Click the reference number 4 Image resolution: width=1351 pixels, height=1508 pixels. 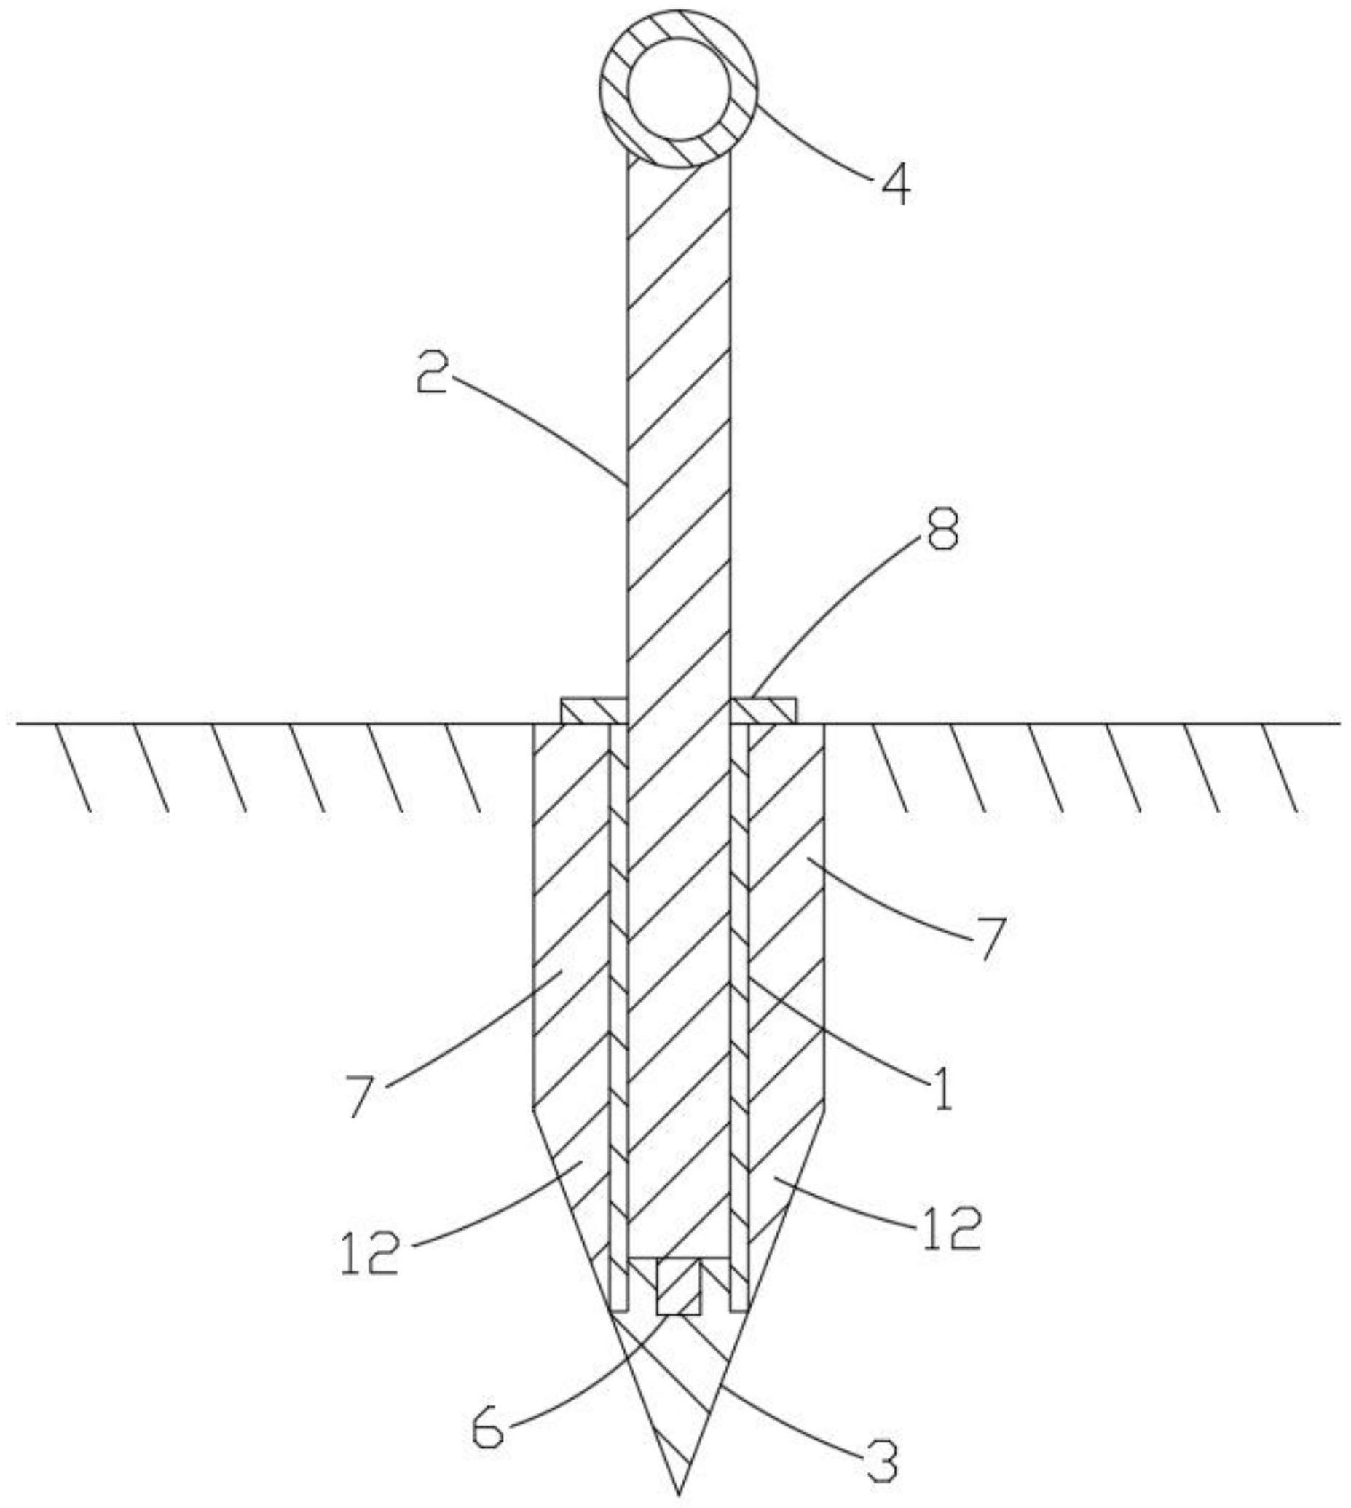(x=896, y=184)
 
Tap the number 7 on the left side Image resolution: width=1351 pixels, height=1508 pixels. (x=361, y=1094)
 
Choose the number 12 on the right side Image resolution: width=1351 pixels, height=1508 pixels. (x=953, y=1228)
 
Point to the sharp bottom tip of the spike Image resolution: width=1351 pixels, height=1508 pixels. (x=679, y=1493)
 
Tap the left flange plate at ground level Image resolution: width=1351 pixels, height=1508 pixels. (x=594, y=710)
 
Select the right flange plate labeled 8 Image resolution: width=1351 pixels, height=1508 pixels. (x=764, y=710)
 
